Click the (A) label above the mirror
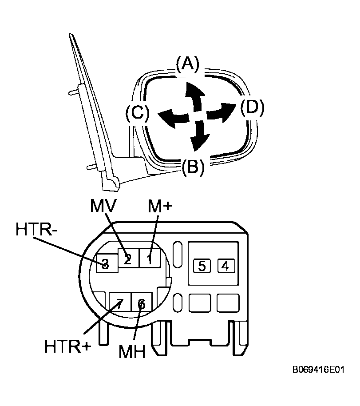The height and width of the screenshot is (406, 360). point(188,64)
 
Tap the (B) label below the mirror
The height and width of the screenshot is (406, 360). point(193,167)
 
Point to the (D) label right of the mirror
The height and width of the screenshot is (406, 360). point(252,107)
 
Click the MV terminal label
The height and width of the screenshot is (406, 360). point(103,205)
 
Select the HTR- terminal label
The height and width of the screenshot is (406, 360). point(36,229)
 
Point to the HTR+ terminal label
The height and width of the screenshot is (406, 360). point(68,346)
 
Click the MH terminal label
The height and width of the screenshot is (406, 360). point(132,352)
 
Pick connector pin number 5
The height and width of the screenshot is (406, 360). point(202,266)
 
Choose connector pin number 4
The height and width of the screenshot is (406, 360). point(226,266)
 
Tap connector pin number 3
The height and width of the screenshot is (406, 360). point(105,264)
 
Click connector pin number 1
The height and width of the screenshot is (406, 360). point(149,259)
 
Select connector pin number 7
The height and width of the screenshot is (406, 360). point(119,303)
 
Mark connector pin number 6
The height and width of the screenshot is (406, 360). point(142,304)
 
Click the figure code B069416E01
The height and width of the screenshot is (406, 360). point(319,370)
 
